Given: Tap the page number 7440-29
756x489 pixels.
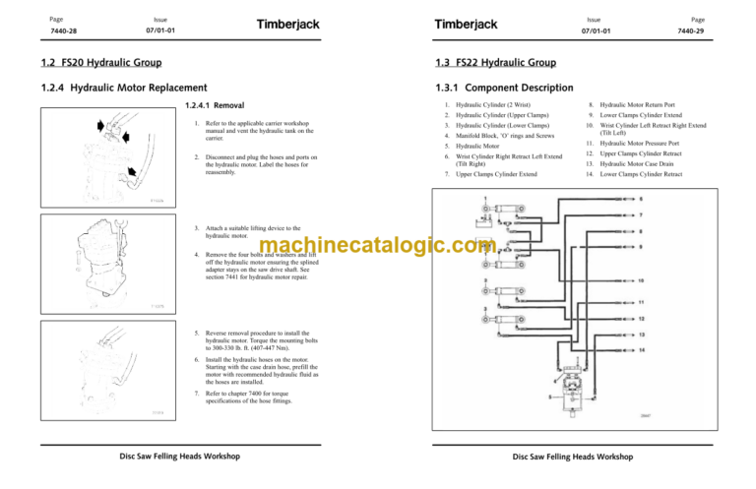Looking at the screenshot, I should click(720, 31).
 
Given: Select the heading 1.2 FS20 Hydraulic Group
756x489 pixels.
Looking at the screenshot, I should click(83, 64).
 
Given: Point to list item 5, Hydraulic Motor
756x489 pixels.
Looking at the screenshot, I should click(472, 146).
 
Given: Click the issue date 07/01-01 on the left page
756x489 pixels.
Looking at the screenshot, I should click(161, 31).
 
